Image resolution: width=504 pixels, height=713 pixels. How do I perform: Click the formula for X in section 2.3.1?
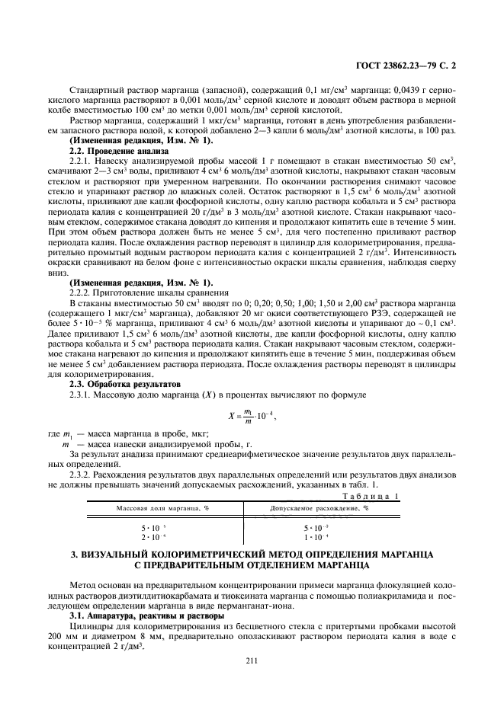point(251,415)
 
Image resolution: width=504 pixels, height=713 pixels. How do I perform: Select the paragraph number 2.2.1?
point(80,161)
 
